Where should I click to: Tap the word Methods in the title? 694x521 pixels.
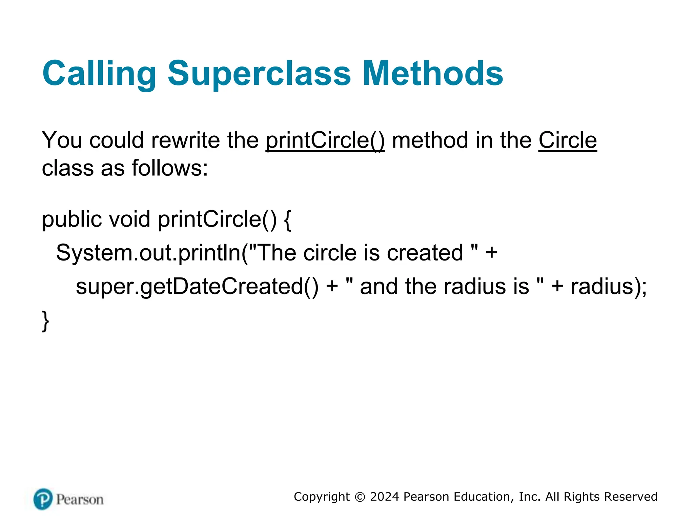click(x=433, y=73)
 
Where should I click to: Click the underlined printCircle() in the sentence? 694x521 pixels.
click(x=325, y=140)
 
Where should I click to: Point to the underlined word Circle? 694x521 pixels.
click(x=568, y=140)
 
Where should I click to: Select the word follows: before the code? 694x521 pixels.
click(x=169, y=168)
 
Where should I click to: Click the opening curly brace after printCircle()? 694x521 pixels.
click(x=287, y=219)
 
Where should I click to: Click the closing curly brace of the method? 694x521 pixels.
click(x=45, y=321)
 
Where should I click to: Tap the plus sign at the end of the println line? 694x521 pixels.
click(x=491, y=253)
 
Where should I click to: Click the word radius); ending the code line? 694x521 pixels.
click(x=609, y=287)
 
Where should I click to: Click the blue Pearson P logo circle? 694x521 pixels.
click(x=43, y=499)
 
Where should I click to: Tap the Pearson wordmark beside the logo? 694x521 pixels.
click(x=80, y=500)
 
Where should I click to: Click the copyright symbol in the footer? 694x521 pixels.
click(x=360, y=497)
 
